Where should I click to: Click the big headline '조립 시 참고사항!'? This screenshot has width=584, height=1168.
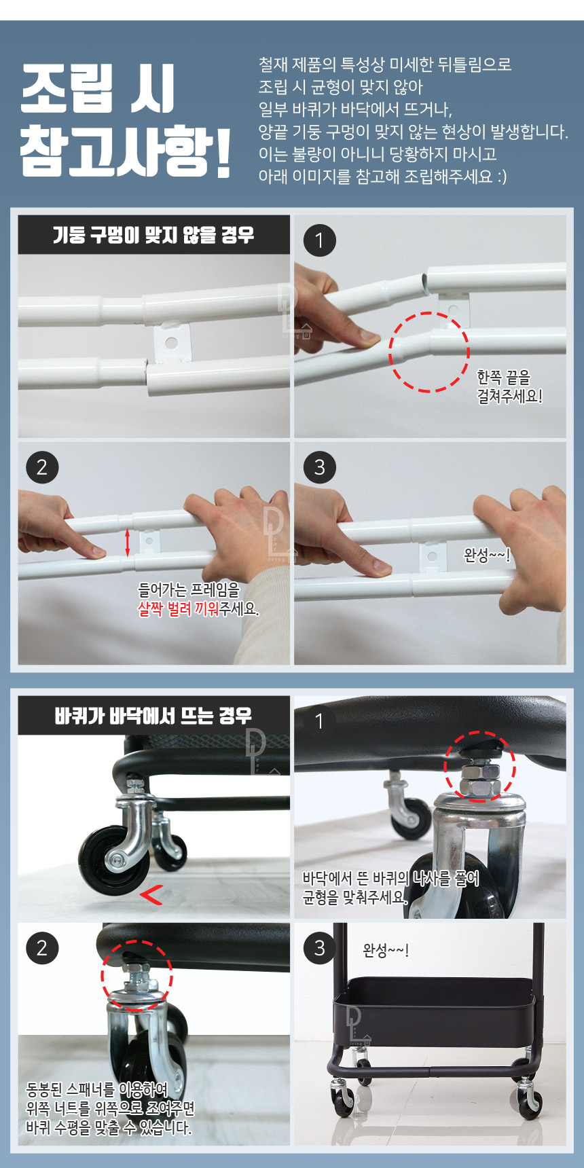tap(126, 120)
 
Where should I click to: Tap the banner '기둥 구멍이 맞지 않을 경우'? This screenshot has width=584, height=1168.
tap(153, 235)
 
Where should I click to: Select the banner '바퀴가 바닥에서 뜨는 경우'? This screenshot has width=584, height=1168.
tap(153, 716)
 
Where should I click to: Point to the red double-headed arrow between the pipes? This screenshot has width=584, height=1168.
tap(127, 543)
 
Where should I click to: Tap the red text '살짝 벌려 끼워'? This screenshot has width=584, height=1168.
tap(178, 608)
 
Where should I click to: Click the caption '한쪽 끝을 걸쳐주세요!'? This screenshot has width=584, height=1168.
tap(509, 386)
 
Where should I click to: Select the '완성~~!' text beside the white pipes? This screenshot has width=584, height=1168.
tap(487, 555)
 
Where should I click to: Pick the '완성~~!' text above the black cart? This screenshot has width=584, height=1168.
tap(386, 950)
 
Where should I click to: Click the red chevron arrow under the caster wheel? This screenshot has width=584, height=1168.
tap(151, 896)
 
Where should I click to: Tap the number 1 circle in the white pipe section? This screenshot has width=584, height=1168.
tap(320, 240)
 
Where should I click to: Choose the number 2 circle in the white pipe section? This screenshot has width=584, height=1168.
tap(42, 467)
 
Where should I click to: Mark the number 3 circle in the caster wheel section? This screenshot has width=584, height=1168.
tap(320, 948)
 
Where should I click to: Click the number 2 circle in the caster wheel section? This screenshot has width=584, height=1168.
tap(42, 948)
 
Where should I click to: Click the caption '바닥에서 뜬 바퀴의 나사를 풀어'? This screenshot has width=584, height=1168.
tap(390, 879)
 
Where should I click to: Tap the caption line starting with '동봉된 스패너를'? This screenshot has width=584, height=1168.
tap(96, 1090)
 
